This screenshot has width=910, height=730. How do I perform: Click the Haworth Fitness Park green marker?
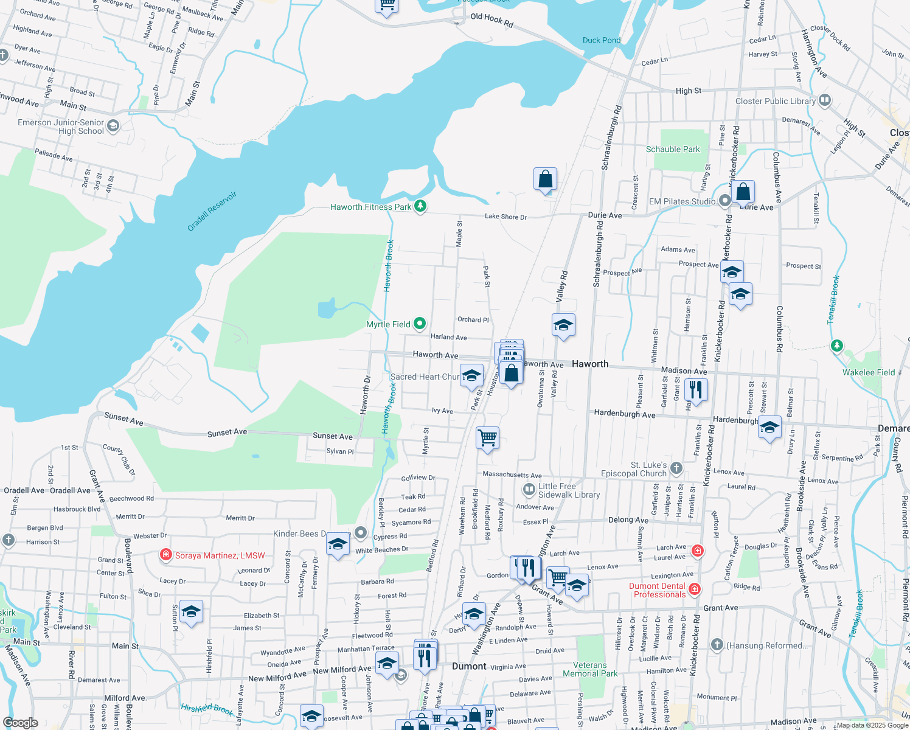pyautogui.click(x=420, y=206)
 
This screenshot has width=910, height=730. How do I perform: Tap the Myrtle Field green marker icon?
pyautogui.click(x=420, y=324)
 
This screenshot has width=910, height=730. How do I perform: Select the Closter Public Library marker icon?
pyautogui.click(x=824, y=100)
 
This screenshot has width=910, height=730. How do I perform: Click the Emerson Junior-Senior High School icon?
pyautogui.click(x=113, y=126)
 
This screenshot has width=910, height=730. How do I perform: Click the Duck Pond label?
pyautogui.click(x=601, y=40)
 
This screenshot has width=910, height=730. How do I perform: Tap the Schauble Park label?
pyautogui.click(x=673, y=149)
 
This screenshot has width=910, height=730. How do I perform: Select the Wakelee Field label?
pyautogui.click(x=868, y=372)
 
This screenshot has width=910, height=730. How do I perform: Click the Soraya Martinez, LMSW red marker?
pyautogui.click(x=165, y=555)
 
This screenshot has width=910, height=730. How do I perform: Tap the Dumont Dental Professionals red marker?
pyautogui.click(x=695, y=589)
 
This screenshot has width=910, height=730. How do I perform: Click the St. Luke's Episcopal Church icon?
pyautogui.click(x=676, y=468)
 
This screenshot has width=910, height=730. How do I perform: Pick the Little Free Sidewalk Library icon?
pyautogui.click(x=529, y=489)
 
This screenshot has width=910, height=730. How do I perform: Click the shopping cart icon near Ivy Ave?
pyautogui.click(x=487, y=437)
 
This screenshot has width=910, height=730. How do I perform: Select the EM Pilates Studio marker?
pyautogui.click(x=724, y=201)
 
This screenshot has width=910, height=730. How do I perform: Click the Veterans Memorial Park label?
pyautogui.click(x=589, y=669)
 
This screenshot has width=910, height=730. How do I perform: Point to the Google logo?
pyautogui.click(x=21, y=722)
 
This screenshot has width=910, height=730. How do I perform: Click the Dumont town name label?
pyautogui.click(x=468, y=666)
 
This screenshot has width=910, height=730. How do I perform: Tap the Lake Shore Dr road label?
pyautogui.click(x=505, y=217)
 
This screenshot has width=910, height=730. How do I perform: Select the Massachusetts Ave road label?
pyautogui.click(x=512, y=474)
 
